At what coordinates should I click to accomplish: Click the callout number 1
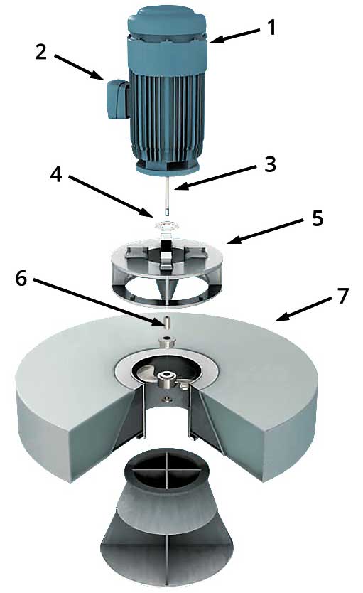click(271, 28)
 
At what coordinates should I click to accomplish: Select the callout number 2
click(41, 51)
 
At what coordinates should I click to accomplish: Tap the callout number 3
click(270, 164)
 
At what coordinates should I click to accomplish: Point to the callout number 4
click(56, 174)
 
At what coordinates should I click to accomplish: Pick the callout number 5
click(318, 218)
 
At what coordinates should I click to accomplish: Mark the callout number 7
click(342, 296)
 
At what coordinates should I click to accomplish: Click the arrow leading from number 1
click(234, 35)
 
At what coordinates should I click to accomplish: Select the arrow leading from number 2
click(79, 68)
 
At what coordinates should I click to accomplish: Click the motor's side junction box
click(117, 98)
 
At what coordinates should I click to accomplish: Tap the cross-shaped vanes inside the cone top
click(166, 468)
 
